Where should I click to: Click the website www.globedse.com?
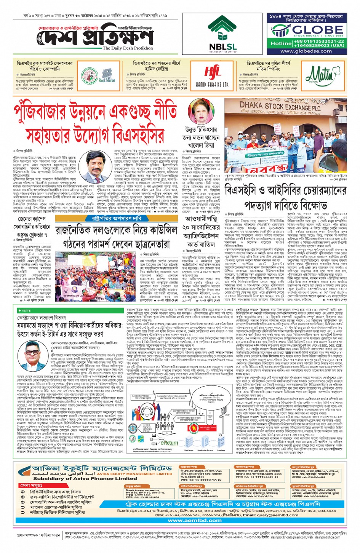[306, 51]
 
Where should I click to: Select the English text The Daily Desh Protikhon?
[128, 48]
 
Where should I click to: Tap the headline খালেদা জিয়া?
[201, 145]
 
